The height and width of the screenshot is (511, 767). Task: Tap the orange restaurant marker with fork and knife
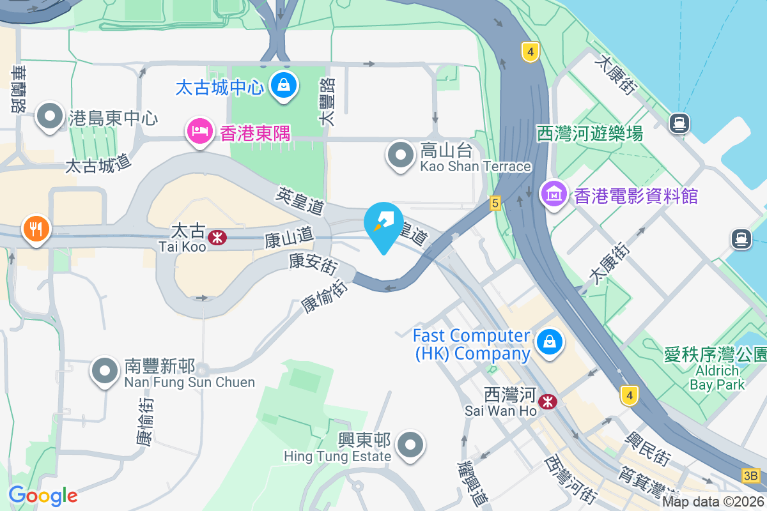pos(36,229)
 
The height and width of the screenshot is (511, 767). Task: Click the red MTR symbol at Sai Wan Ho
pos(547,402)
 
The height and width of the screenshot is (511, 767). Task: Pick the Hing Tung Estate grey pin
pos(410,445)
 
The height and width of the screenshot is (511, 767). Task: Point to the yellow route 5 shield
pos(495,202)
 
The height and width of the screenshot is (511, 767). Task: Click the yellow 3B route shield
pos(751,476)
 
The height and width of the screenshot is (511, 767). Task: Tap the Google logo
pos(43,495)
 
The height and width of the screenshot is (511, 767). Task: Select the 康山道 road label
pos(290,239)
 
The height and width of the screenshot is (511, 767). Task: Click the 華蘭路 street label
pos(18,89)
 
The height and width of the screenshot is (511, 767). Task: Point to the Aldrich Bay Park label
pos(717,377)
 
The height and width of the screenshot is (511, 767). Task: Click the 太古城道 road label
pos(98,164)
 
